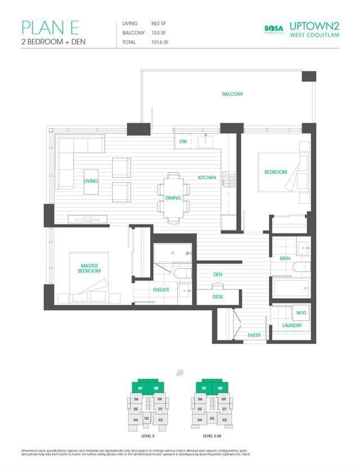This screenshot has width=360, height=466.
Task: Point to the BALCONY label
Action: pyautogui.click(x=232, y=94)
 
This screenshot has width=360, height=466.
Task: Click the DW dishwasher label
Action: pyautogui.click(x=183, y=142)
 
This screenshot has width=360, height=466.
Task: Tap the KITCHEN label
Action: pyautogui.click(x=207, y=178)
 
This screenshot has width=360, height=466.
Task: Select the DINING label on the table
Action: pyautogui.click(x=173, y=198)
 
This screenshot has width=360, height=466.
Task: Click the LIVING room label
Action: pyautogui.click(x=91, y=181)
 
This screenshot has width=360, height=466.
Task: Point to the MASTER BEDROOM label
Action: pyautogui.click(x=90, y=268)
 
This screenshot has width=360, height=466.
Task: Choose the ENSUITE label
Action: pyautogui.click(x=161, y=290)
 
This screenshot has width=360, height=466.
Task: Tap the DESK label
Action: pyautogui.click(x=218, y=297)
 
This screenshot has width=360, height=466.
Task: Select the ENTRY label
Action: pyautogui.click(x=254, y=335)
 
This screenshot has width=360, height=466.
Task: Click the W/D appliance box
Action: pyautogui.click(x=297, y=312)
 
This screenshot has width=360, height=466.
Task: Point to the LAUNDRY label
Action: pyautogui.click(x=292, y=325)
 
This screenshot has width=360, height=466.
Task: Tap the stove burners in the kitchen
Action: pyautogui.click(x=229, y=179)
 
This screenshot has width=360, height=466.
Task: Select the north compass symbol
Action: pyautogui.click(x=180, y=372)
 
